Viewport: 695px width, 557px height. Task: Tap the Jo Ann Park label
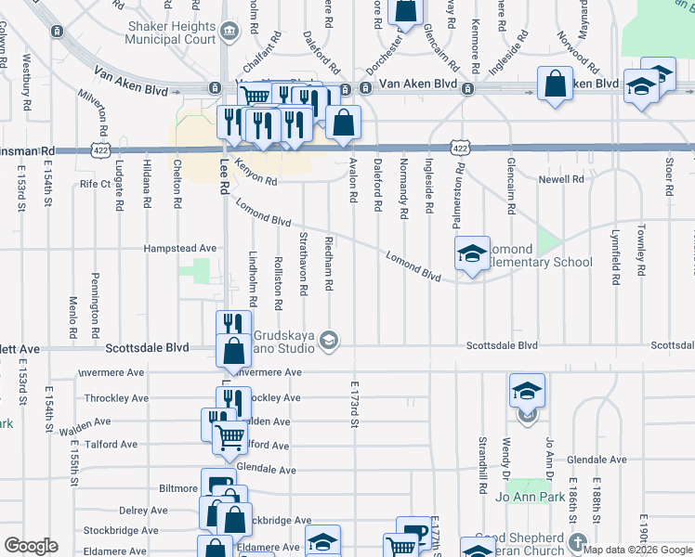[531, 498]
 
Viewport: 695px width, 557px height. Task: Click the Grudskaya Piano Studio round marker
[328, 341]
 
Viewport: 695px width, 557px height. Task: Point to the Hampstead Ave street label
[179, 249]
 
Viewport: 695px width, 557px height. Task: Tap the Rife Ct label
[95, 184]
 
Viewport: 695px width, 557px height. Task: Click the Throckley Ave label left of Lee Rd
[115, 397]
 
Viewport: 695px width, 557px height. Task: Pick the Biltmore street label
[178, 486]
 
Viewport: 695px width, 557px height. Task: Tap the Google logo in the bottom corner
[31, 546]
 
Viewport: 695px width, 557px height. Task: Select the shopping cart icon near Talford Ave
[229, 436]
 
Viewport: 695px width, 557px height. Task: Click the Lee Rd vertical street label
[224, 175]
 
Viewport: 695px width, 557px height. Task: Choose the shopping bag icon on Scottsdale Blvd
[231, 351]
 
